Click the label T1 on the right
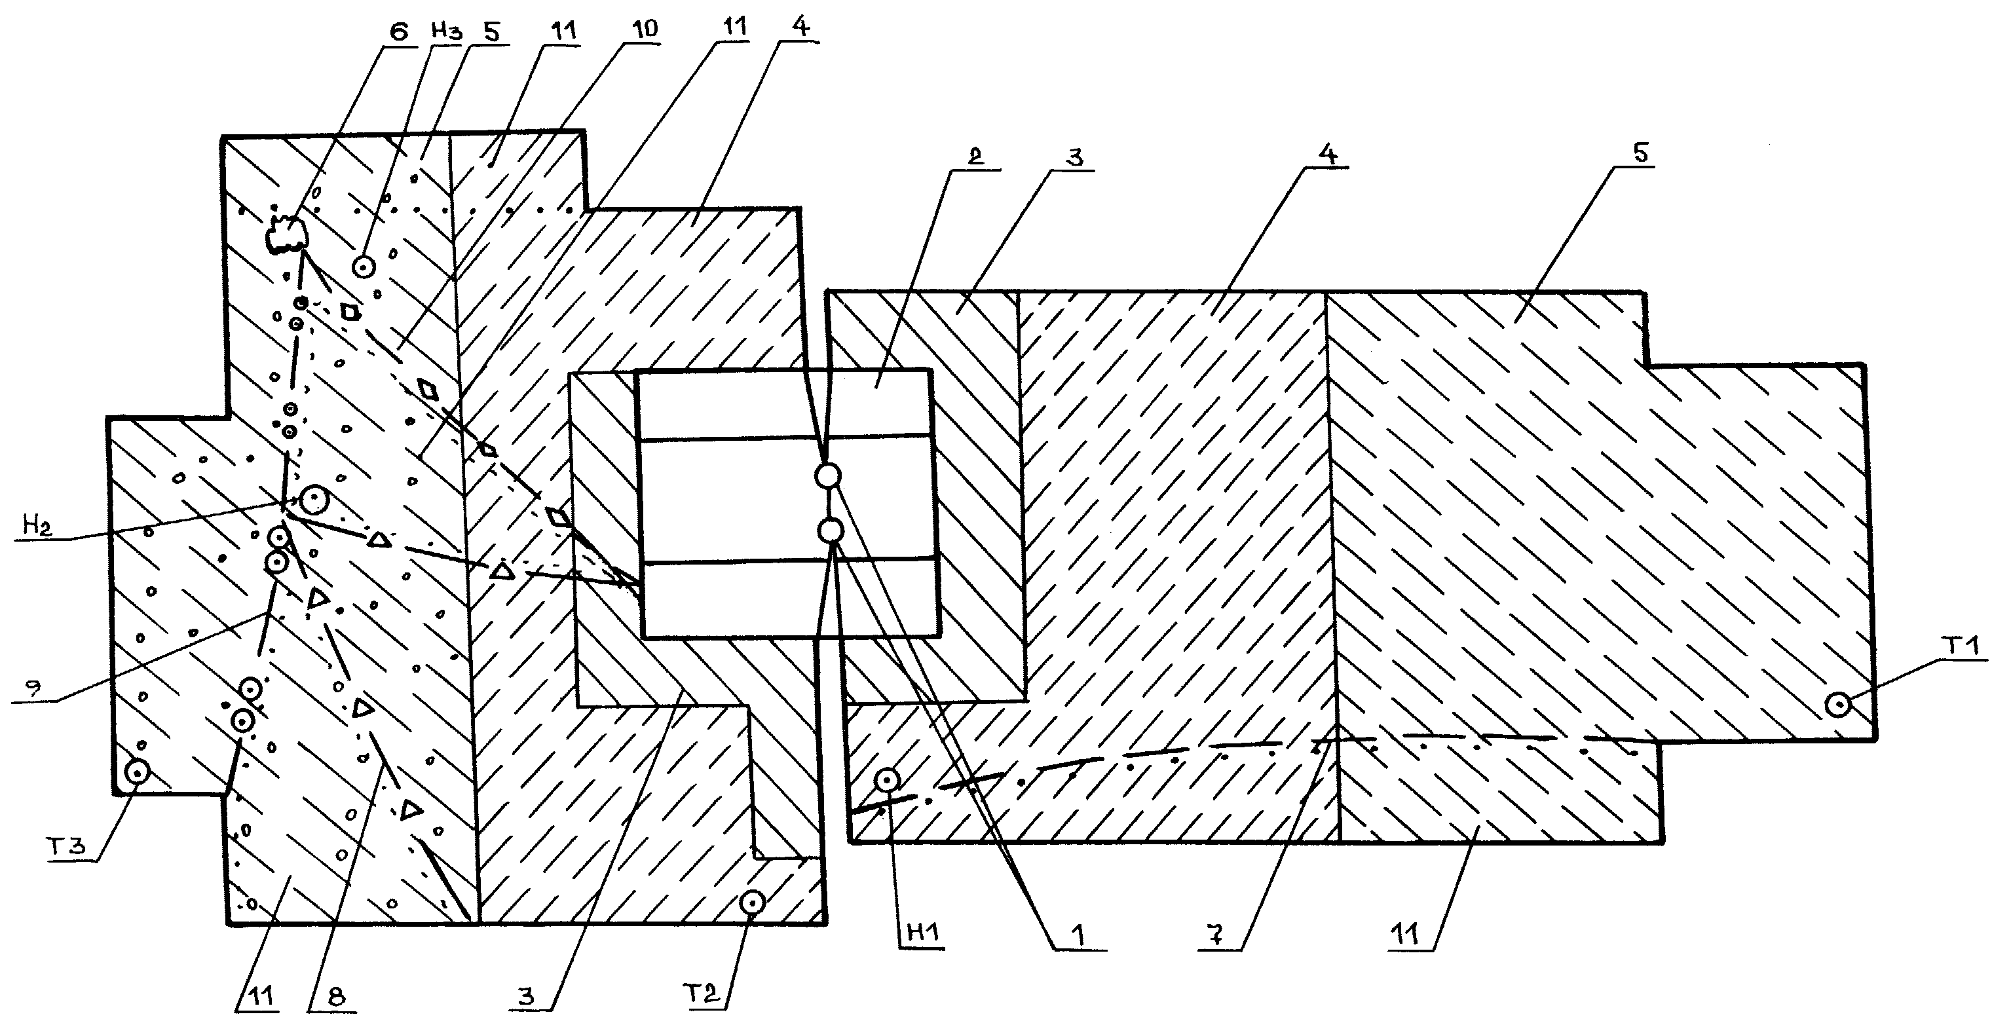point(1962,647)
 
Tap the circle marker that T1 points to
point(1837,705)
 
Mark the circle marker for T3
point(138,772)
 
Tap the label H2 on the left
point(35,527)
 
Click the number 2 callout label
point(975,156)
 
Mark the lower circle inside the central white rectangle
point(831,532)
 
